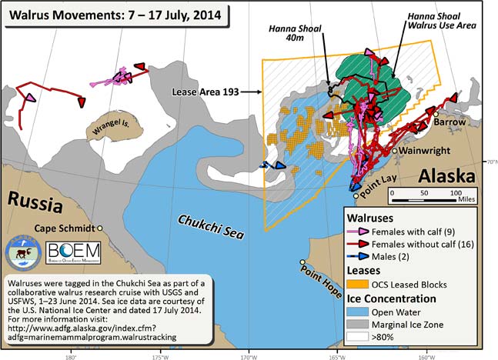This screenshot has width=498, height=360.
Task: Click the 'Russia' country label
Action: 35,204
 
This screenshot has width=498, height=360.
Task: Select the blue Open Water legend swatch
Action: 358,312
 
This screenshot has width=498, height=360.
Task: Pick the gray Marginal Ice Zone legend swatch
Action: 358,326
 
